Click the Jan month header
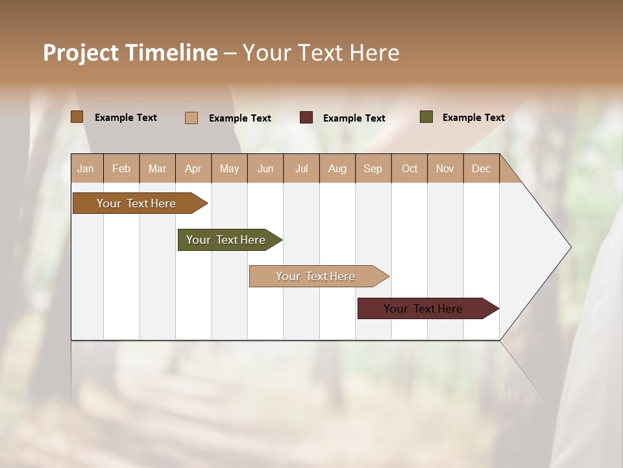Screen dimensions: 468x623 [x=86, y=168]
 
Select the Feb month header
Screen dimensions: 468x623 [x=121, y=168]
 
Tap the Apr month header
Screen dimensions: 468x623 [x=193, y=168]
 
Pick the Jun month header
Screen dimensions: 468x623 [x=265, y=168]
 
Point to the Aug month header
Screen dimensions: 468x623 [x=337, y=168]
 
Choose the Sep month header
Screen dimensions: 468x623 [x=373, y=168]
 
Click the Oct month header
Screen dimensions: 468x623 [x=409, y=168]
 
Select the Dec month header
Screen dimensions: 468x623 [x=481, y=168]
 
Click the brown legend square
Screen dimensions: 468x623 [x=77, y=117]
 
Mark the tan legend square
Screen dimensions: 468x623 [x=191, y=118]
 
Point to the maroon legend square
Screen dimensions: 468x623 [x=306, y=118]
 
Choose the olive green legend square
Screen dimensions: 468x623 [x=426, y=117]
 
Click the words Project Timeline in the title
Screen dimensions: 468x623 [x=130, y=53]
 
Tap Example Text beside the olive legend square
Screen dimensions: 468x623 [x=473, y=118]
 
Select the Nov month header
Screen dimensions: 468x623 [x=445, y=168]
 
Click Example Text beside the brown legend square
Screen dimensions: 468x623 [x=126, y=118]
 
